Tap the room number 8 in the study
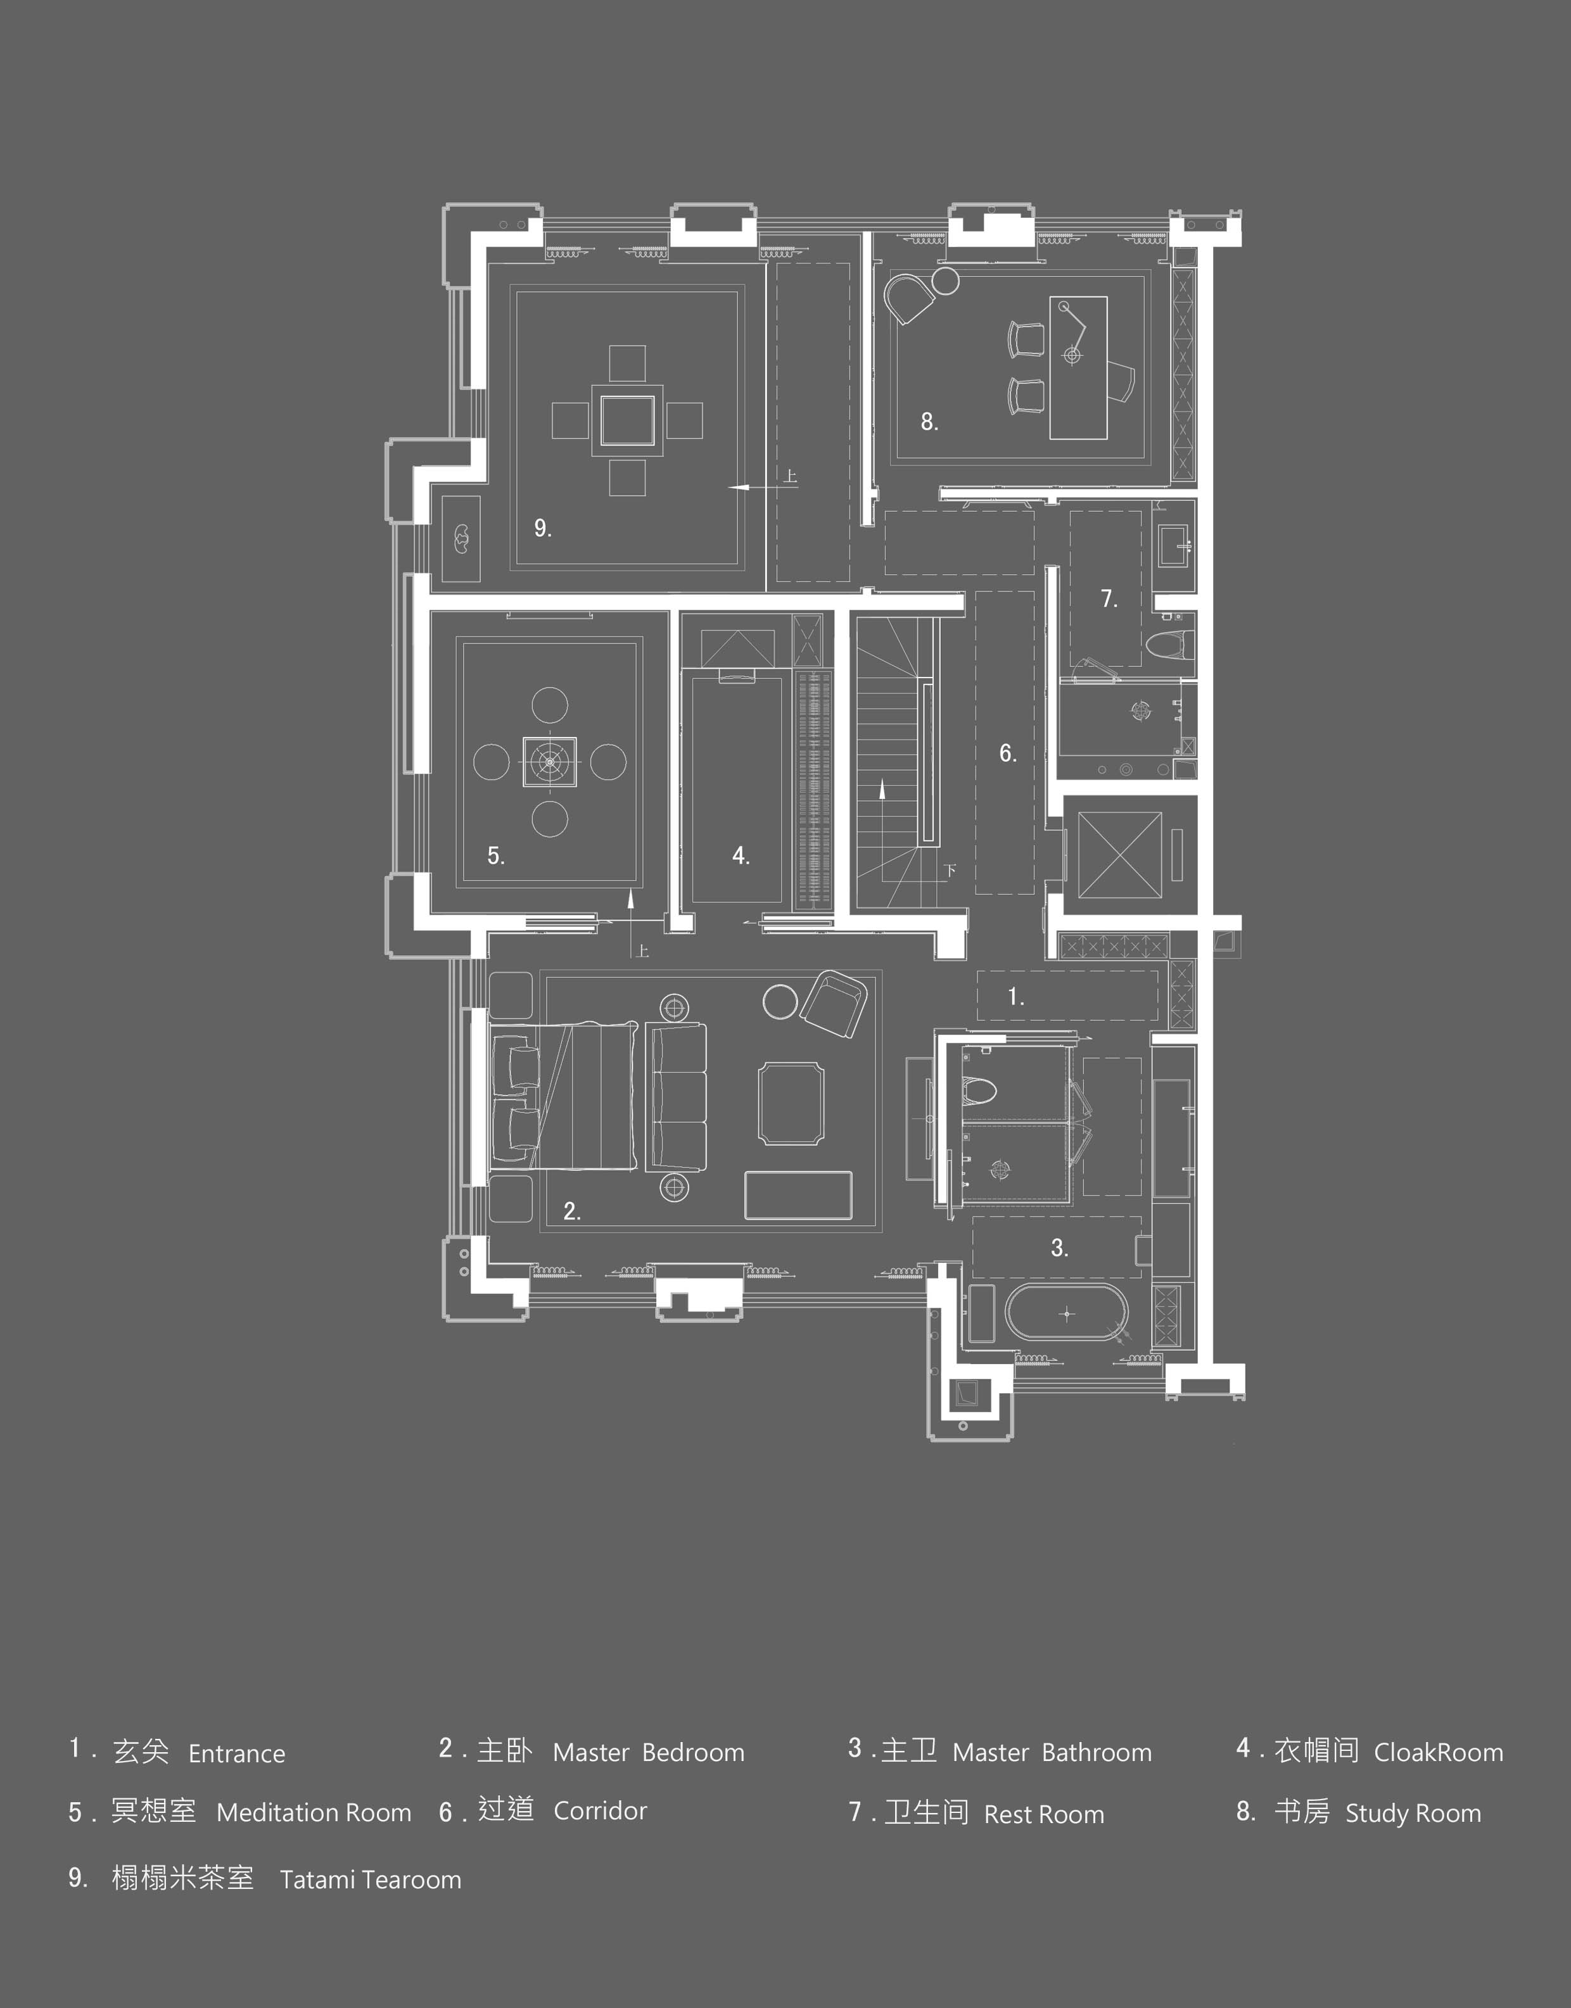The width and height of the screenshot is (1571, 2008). [929, 421]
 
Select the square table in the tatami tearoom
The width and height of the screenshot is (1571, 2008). [627, 420]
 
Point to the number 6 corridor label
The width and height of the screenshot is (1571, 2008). [1007, 753]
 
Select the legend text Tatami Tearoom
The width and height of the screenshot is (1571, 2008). [371, 1880]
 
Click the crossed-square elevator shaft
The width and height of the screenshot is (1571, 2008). [1119, 855]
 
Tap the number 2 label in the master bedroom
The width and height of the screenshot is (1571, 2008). [571, 1211]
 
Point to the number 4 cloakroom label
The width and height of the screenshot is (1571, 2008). [741, 856]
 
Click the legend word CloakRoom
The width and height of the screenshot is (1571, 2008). [1439, 1752]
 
